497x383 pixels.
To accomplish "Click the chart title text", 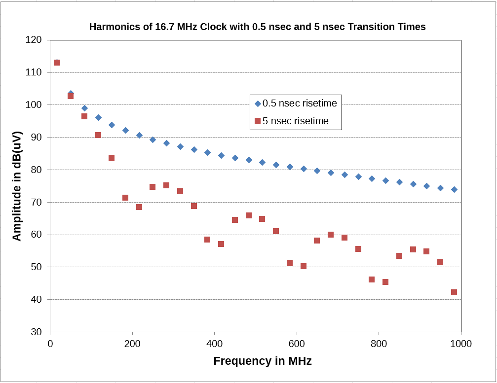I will coord(257,27).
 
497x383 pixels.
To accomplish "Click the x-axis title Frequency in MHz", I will coord(262,361).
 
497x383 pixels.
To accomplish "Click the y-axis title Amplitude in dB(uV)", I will coord(17,186).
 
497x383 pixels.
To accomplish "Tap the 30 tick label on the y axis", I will coord(37,332).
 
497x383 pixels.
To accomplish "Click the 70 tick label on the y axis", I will coord(37,202).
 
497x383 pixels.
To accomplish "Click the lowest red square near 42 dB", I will coord(454,292).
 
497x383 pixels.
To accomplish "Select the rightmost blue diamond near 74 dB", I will coord(454,189).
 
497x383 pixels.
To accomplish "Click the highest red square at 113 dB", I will coord(57,63).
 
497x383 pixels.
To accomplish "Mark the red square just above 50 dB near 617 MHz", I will coord(304,266).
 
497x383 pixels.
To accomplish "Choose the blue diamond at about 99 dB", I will coord(84,108).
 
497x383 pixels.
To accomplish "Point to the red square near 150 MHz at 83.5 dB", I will coord(112,158).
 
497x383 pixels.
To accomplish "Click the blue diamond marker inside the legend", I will coord(257,104).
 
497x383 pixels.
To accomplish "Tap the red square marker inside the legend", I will coord(257,121).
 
